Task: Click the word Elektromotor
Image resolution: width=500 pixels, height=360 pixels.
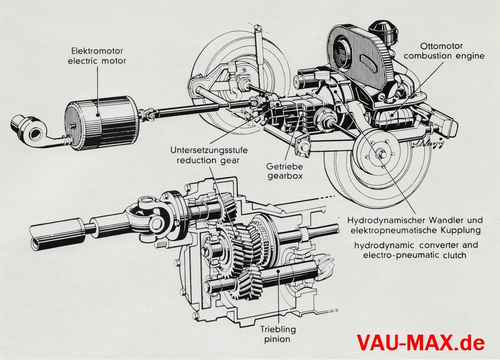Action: (98, 51)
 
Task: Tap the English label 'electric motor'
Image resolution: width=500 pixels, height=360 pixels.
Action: (98, 61)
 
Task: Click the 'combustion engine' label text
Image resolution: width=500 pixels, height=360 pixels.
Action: (444, 56)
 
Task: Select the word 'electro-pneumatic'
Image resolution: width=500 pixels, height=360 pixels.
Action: (394, 255)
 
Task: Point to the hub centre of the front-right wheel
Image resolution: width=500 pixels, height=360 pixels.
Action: (382, 155)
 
